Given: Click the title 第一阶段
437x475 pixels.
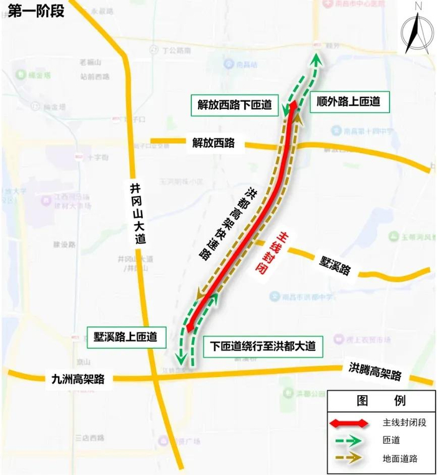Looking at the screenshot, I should (x=36, y=11).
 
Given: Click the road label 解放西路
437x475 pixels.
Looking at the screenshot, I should (x=214, y=143).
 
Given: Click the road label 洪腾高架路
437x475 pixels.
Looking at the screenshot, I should (x=375, y=372).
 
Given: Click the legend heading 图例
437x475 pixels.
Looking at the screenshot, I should (x=381, y=400).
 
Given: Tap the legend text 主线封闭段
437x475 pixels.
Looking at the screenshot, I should (x=405, y=423).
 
